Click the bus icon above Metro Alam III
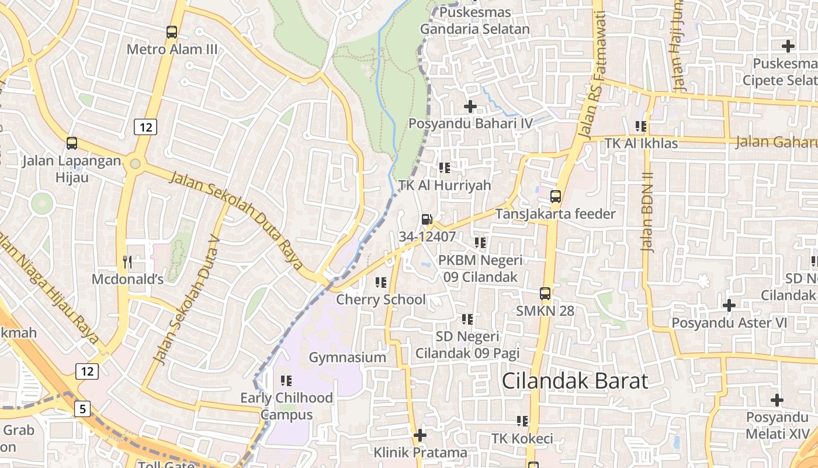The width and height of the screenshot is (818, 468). click(x=172, y=32)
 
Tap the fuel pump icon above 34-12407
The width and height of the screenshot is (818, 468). click(x=427, y=219)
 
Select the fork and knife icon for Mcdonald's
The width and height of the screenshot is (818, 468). click(x=127, y=261)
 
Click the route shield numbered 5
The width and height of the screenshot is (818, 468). click(x=82, y=409)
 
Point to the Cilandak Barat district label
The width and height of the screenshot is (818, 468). click(x=575, y=381)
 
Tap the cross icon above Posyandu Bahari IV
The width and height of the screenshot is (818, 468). click(x=470, y=106)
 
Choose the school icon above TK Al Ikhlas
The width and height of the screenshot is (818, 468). click(x=641, y=126)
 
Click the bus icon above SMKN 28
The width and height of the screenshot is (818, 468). click(x=545, y=293)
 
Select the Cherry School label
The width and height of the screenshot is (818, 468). click(x=381, y=300)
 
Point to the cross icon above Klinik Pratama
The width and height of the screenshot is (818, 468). click(x=420, y=435)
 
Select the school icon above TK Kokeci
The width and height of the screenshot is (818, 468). click(x=522, y=421)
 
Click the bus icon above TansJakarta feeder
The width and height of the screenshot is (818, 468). click(x=556, y=197)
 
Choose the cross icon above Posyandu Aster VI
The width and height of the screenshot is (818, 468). click(x=729, y=305)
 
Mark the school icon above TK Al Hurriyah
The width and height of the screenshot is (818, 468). click(x=445, y=168)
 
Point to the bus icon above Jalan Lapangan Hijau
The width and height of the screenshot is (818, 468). click(x=72, y=143)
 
